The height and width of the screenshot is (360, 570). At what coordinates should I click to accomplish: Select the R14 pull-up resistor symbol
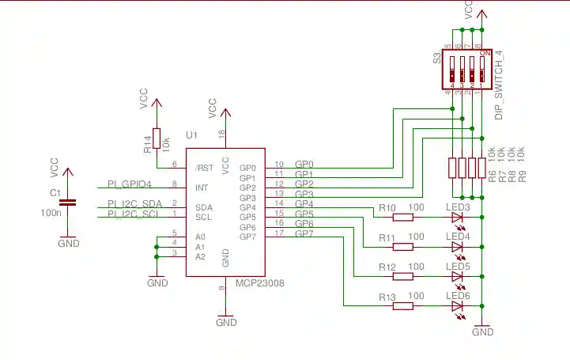click(x=157, y=139)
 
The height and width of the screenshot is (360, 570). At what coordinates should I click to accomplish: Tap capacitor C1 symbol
click(x=69, y=203)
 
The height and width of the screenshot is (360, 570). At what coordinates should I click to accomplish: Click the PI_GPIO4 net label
click(x=130, y=184)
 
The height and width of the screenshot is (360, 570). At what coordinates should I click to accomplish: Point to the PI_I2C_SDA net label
click(x=134, y=204)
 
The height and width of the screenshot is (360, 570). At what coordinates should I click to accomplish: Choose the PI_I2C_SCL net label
click(x=134, y=214)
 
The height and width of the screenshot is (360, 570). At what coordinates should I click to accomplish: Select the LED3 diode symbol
click(x=457, y=217)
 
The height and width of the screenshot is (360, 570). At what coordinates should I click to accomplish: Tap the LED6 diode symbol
click(x=457, y=305)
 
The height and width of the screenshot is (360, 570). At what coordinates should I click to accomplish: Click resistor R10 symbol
click(x=403, y=217)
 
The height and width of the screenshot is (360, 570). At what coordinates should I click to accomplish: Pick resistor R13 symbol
click(x=403, y=305)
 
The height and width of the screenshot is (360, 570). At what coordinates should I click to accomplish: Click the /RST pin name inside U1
click(x=204, y=168)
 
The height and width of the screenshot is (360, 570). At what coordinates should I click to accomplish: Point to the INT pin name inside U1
click(x=202, y=188)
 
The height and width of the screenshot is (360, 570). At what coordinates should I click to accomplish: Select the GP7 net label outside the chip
click(x=304, y=234)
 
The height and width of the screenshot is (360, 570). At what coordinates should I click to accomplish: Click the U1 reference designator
click(x=191, y=135)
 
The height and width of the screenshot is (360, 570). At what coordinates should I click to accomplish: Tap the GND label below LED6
click(x=482, y=332)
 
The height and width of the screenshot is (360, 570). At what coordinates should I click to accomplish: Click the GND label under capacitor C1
click(x=69, y=244)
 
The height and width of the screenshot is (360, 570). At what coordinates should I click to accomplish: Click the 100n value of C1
click(x=51, y=213)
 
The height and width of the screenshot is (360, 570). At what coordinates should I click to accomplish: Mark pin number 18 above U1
click(x=221, y=134)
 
